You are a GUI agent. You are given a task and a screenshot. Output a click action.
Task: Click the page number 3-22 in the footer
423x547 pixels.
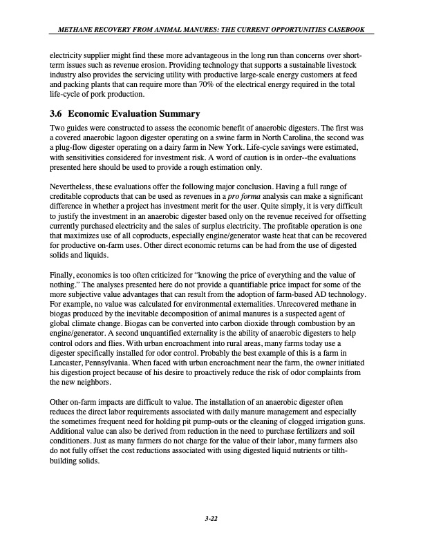pyautogui.click(x=211, y=519)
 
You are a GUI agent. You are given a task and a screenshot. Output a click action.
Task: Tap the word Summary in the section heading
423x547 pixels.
pyautogui.click(x=179, y=113)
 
